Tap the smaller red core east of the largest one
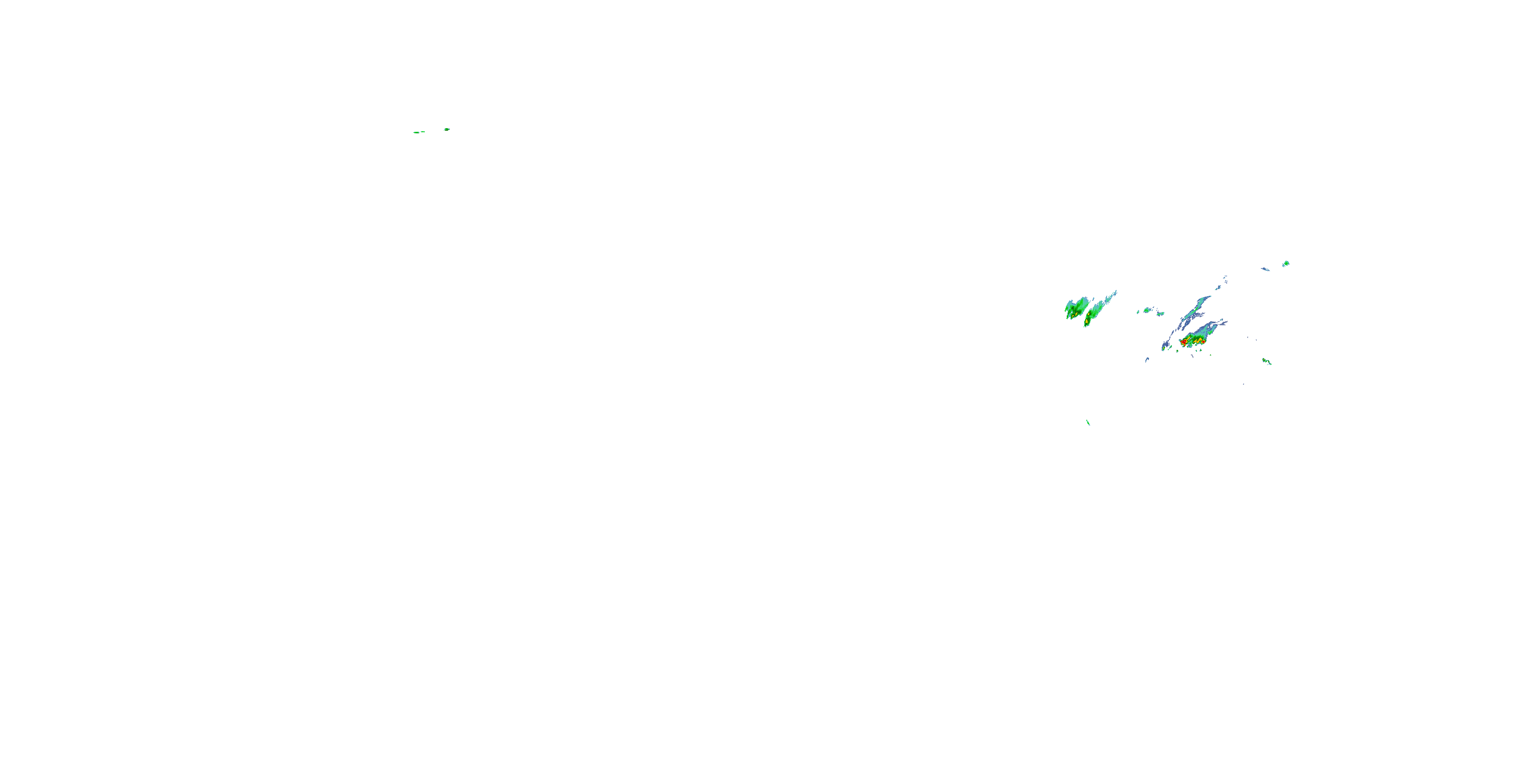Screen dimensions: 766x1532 (x=1204, y=342)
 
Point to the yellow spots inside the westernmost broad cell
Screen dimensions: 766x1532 (x=1076, y=314)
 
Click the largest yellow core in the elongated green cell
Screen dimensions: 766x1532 (x=1087, y=321)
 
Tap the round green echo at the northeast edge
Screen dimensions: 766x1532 (x=1286, y=263)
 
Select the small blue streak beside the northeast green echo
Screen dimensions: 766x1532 (x=1265, y=270)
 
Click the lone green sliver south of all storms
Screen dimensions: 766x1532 (x=1088, y=422)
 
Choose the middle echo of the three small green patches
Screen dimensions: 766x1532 (x=1147, y=310)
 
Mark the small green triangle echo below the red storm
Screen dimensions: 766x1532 (x=1178, y=351)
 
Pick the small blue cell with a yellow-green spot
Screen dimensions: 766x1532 (x=1164, y=348)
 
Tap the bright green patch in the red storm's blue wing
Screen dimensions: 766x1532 (x=1210, y=332)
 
